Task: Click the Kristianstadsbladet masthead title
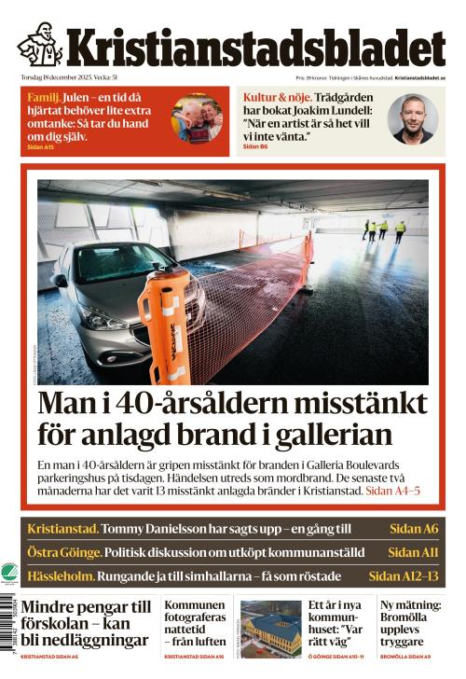click(x=254, y=46)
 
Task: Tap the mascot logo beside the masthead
click(x=40, y=44)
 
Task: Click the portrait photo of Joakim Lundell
click(x=414, y=118)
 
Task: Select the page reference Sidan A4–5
click(x=392, y=491)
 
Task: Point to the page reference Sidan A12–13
click(x=403, y=575)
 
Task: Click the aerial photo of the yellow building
click(x=270, y=630)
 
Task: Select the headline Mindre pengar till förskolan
click(x=86, y=623)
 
